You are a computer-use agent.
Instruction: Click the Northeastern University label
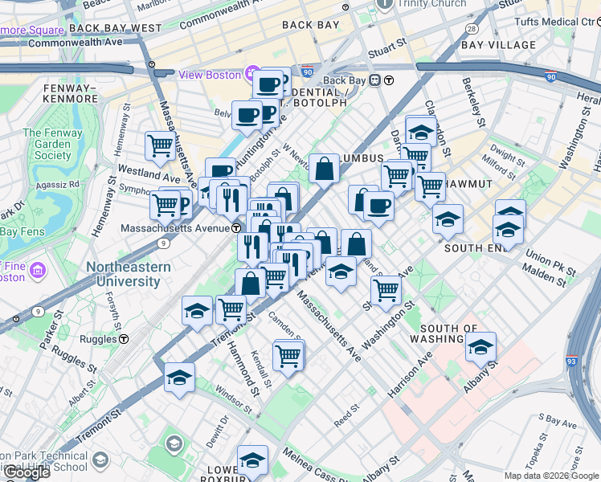[x=129, y=274]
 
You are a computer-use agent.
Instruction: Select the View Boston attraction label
[x=210, y=75]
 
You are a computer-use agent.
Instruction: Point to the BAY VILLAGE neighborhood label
[x=498, y=45]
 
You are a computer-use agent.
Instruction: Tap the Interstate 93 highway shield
[x=573, y=361]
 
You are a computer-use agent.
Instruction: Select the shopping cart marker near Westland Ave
[x=161, y=146]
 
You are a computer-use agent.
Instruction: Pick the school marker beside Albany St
[x=480, y=346]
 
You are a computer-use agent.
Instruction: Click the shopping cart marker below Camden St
[x=288, y=354]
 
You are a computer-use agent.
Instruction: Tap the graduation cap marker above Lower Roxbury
[x=252, y=460]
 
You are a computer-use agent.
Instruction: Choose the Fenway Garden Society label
[x=53, y=144]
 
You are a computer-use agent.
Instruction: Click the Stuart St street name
[x=381, y=54]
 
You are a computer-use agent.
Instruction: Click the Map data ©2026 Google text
[x=551, y=476]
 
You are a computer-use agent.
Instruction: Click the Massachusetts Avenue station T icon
[x=238, y=228]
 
